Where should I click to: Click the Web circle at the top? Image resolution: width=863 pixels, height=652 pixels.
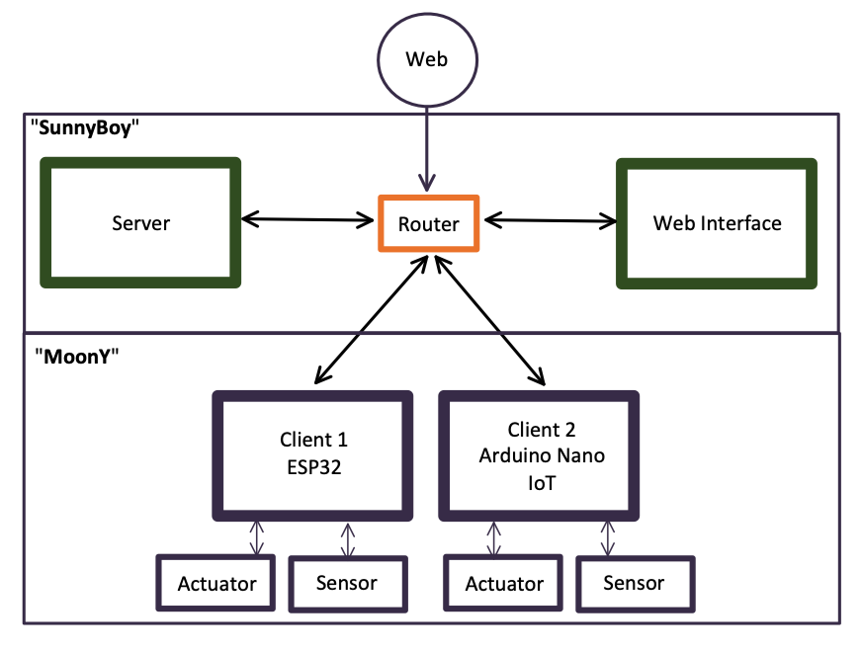(x=427, y=59)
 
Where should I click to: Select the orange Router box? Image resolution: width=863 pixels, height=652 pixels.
(x=428, y=224)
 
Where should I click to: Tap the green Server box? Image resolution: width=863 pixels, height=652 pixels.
(x=140, y=223)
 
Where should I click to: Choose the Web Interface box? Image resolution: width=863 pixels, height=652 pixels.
(x=717, y=223)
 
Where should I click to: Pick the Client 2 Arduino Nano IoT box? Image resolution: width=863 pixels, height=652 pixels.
(x=540, y=454)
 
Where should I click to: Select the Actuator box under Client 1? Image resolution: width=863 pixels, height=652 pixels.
(x=216, y=583)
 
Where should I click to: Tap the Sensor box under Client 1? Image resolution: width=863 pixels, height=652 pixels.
(x=346, y=583)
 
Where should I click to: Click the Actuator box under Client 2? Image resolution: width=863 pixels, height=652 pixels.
(x=504, y=583)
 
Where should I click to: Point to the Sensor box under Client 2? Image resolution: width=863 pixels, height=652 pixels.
(x=634, y=583)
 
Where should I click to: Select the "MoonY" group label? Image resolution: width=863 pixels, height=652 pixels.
(x=75, y=357)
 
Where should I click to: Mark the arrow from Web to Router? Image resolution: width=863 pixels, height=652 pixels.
(x=427, y=148)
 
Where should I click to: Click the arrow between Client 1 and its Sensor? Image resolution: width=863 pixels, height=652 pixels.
(x=348, y=539)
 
